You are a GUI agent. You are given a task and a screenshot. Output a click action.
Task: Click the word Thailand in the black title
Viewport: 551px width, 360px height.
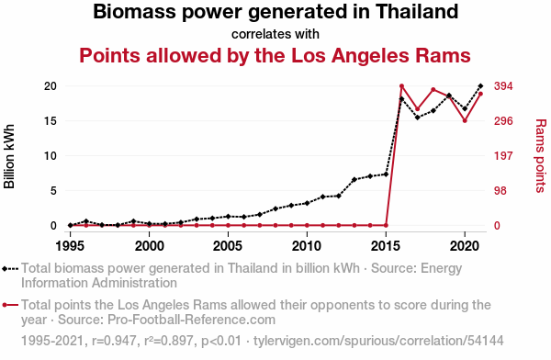pos(417,11)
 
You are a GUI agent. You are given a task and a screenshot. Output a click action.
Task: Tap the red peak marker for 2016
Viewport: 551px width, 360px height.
pos(401,86)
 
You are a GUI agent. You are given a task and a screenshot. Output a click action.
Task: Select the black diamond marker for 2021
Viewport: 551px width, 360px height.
pos(480,85)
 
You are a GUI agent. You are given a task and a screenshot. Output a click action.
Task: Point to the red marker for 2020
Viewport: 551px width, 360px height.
pos(465,120)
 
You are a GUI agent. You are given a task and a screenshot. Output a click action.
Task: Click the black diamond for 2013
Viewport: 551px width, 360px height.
pos(354,179)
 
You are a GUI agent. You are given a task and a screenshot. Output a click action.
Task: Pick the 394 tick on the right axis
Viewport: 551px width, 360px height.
pos(503,86)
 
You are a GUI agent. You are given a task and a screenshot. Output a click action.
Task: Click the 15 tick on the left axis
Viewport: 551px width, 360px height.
pos(51,121)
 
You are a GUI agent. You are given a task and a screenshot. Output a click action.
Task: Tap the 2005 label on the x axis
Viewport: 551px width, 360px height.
pos(228,246)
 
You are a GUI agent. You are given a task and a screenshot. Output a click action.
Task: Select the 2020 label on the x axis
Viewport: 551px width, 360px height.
pos(465,246)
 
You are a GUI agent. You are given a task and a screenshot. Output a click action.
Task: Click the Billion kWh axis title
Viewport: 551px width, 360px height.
pos(9,156)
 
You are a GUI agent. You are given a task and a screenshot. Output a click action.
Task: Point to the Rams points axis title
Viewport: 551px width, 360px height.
pos(541,156)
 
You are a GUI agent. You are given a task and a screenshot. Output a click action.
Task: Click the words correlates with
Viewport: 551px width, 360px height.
pos(275,34)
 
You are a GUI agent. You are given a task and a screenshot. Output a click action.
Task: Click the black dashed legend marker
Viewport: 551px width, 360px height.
pos(10,269)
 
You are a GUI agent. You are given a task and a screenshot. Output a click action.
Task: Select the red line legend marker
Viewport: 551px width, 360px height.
pos(10,305)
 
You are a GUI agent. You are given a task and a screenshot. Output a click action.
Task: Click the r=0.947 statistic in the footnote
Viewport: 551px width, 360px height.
pos(114,341)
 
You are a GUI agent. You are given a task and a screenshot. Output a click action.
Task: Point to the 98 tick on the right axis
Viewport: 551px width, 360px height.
pos(500,190)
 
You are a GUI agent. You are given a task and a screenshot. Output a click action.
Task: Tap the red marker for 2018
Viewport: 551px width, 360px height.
pos(433,90)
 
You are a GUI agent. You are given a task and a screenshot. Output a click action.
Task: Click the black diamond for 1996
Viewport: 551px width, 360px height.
pos(86,221)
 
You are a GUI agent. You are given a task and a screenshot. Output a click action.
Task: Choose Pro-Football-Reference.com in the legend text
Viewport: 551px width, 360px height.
pos(191,320)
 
